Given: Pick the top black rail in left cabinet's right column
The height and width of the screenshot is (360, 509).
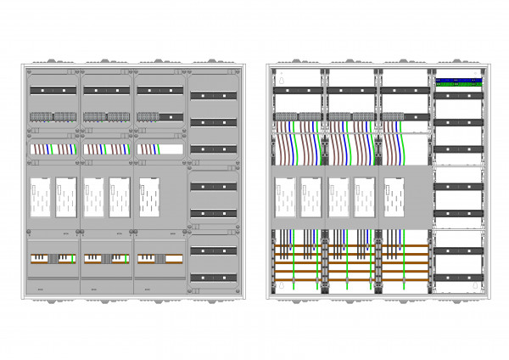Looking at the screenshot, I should [x=213, y=95].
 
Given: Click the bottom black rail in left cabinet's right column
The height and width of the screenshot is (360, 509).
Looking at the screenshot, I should [x=213, y=278].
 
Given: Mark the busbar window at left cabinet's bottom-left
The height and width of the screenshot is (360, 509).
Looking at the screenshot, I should [x=53, y=257].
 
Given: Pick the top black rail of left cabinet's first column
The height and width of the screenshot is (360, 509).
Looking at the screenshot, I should [x=53, y=90].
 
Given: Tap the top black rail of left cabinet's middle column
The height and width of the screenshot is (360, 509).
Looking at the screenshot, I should [x=106, y=90].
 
